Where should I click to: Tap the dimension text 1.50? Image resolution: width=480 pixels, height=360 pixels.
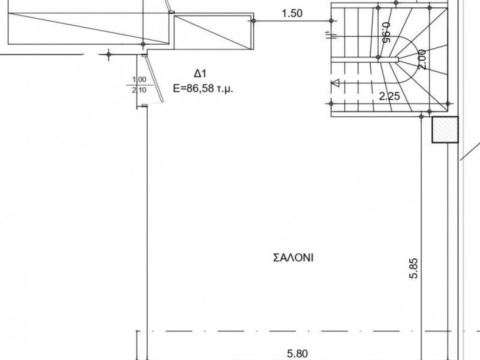292,14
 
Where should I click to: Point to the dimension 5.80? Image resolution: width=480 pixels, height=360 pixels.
297,354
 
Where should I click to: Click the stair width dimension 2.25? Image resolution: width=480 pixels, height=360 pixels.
390,96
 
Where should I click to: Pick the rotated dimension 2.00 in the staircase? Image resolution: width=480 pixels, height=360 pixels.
421,60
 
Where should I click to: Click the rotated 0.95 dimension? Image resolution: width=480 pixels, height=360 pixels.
386,32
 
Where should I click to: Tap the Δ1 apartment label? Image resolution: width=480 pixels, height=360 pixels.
200,74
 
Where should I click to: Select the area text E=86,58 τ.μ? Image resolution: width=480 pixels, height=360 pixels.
203,89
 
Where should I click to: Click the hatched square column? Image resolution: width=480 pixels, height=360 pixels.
445,130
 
